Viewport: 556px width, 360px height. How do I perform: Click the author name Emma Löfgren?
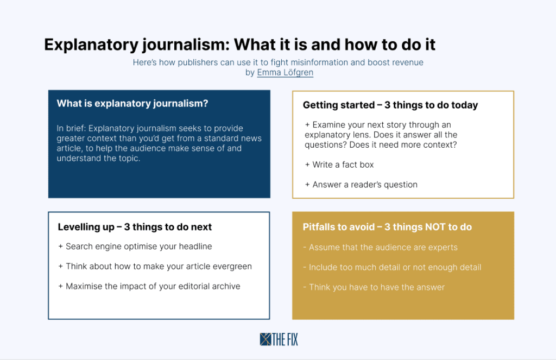(285, 72)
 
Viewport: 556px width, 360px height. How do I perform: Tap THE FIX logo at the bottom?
(279, 339)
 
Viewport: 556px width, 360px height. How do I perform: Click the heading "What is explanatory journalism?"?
(132, 104)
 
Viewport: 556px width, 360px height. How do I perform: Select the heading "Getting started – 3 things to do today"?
(390, 105)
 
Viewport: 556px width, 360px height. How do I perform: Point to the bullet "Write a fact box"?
(339, 165)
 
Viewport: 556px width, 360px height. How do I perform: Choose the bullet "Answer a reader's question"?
(361, 185)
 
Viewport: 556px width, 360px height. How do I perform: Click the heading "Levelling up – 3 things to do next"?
(135, 227)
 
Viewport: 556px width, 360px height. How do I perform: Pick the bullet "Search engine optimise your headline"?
(135, 247)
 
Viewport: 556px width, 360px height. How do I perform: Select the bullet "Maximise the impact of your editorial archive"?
(149, 286)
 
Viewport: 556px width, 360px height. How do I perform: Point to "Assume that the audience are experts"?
(381, 247)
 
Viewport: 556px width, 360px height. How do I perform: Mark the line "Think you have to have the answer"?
(374, 287)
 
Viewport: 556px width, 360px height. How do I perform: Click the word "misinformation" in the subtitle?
(319, 62)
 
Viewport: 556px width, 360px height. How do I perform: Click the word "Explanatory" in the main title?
(91, 45)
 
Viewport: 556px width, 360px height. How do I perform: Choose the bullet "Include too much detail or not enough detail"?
(392, 268)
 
